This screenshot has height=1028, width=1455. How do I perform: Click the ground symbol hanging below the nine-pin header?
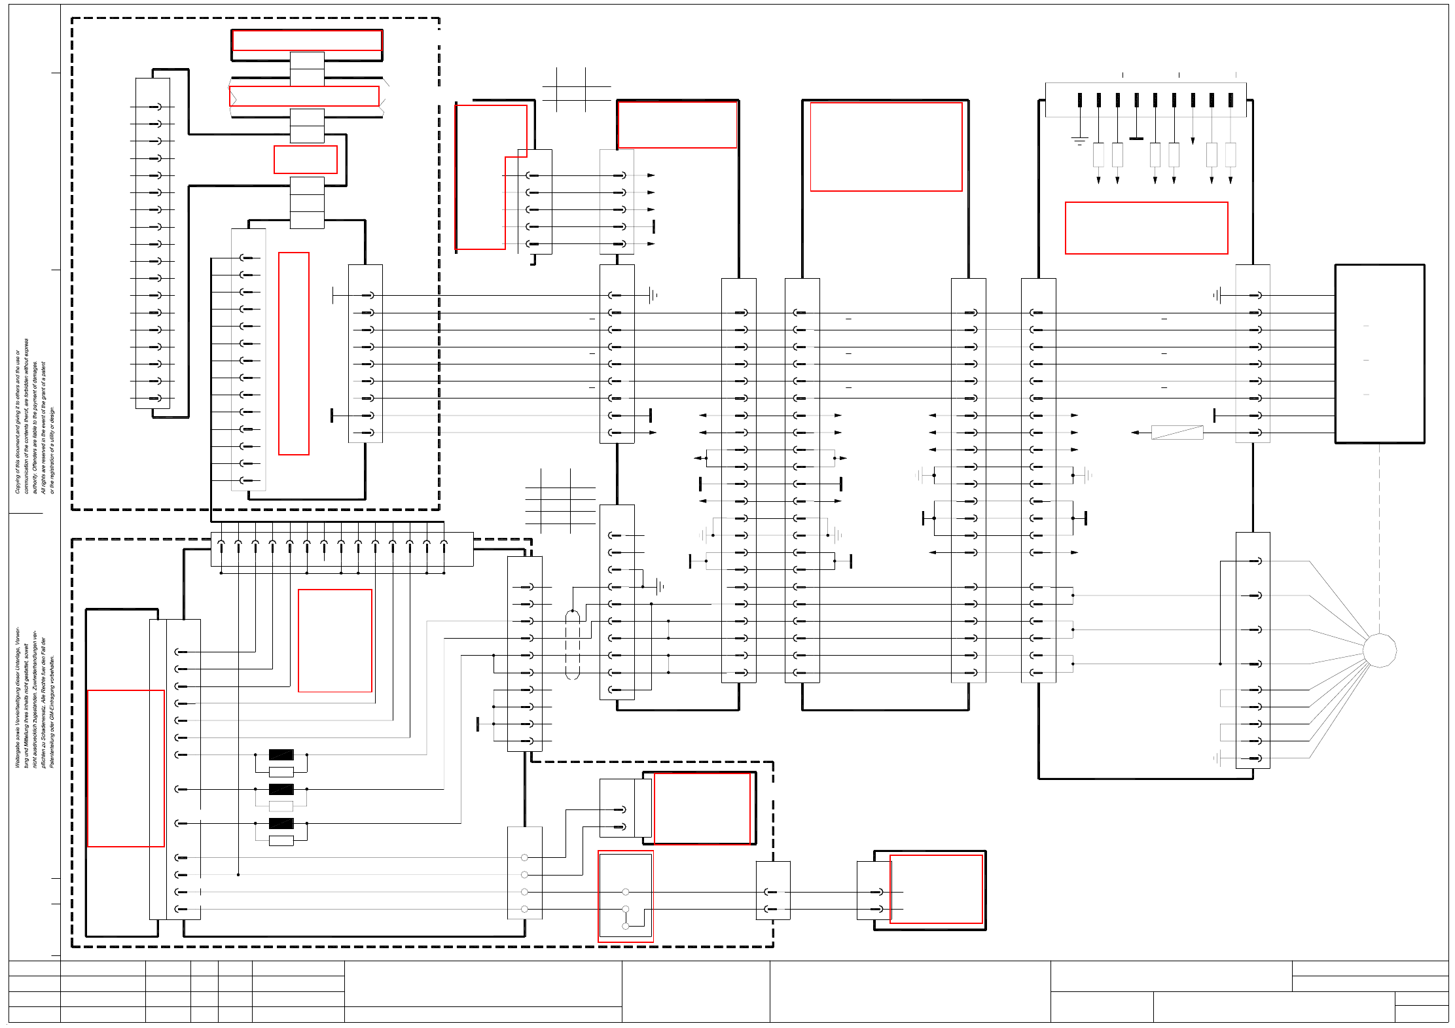(1079, 141)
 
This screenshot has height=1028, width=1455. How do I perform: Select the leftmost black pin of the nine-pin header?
(1079, 100)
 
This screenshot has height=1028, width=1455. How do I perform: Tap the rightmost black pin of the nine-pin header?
(1230, 100)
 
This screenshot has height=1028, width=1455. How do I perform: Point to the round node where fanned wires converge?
(1379, 650)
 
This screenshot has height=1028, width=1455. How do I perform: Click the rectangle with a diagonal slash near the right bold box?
(1177, 433)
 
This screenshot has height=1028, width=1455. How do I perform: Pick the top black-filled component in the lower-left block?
(281, 754)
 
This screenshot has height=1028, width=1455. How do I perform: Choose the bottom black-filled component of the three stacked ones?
(281, 823)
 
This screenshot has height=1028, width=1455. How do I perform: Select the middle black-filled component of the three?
(281, 789)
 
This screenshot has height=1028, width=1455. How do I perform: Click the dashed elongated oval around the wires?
(572, 645)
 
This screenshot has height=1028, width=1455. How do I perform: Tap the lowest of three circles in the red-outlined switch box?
(626, 926)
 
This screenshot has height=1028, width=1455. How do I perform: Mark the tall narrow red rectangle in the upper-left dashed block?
(294, 353)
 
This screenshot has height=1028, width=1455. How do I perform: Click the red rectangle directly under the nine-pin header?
(1146, 228)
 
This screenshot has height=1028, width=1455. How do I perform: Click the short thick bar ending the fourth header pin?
(1136, 139)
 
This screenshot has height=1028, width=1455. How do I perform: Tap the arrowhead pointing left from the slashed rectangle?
(1136, 433)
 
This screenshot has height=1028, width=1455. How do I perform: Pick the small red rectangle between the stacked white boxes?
(306, 160)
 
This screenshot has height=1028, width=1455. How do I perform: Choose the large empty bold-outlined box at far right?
(1379, 353)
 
